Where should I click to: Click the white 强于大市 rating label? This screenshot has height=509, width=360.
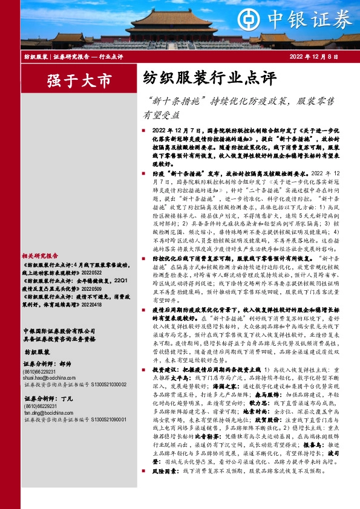tap(71, 80)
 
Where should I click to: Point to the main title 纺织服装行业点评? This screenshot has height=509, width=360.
tap(209, 78)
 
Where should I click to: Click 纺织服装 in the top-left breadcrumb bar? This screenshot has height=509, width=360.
tap(36, 56)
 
